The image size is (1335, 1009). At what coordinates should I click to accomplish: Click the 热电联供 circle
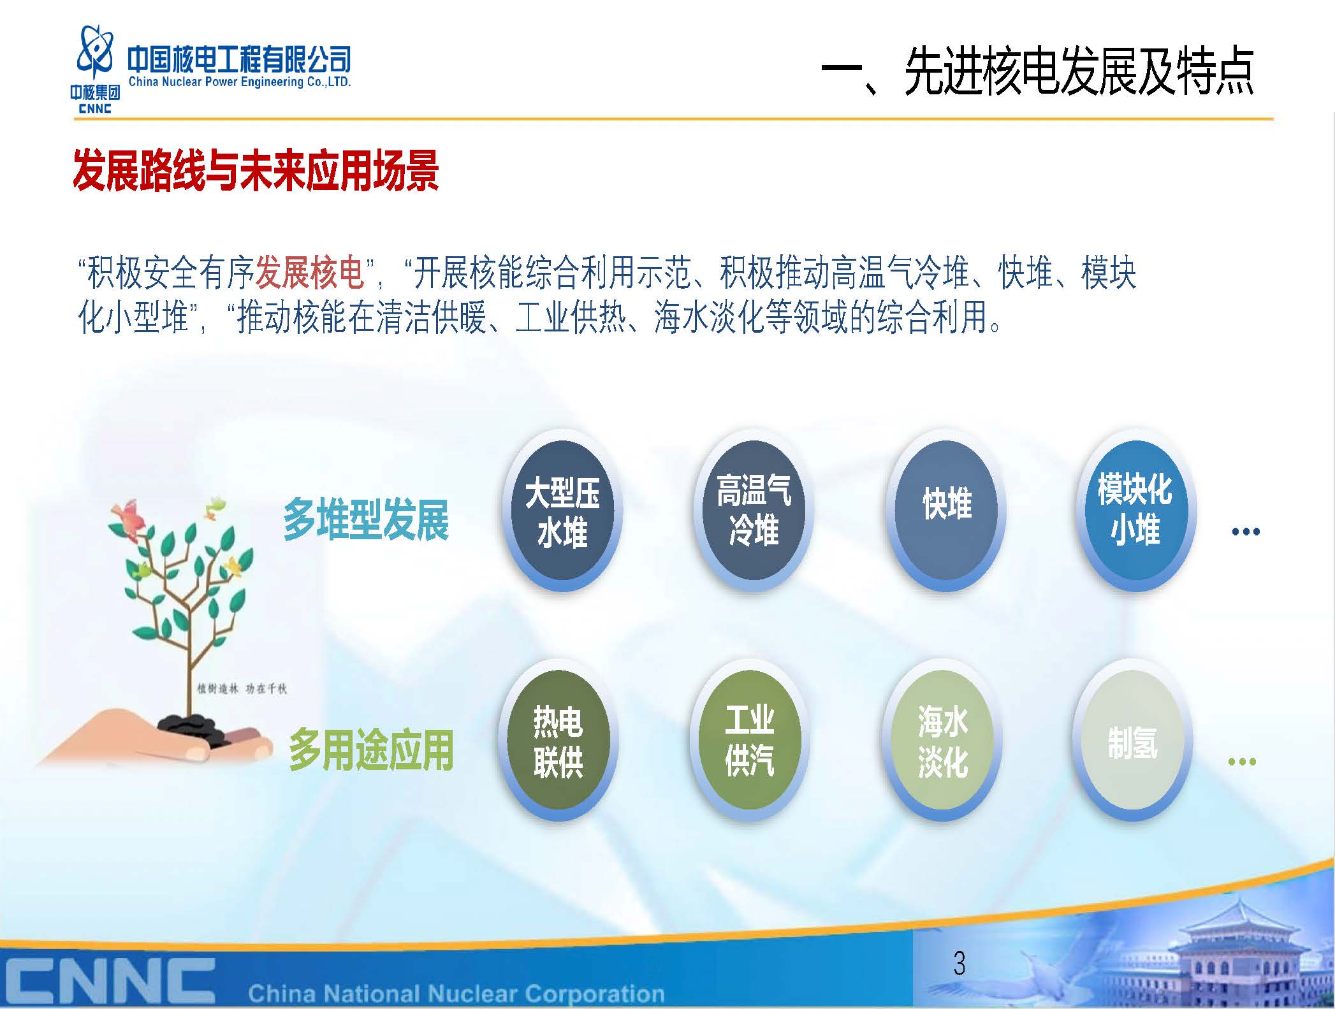pyautogui.click(x=558, y=741)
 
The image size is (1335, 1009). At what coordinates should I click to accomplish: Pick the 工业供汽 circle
pyautogui.click(x=750, y=741)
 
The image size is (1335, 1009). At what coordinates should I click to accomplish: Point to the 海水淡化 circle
pyautogui.click(x=942, y=741)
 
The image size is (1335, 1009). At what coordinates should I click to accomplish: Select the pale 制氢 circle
pyautogui.click(x=1132, y=741)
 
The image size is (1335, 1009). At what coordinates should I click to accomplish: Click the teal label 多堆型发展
pyautogui.click(x=366, y=519)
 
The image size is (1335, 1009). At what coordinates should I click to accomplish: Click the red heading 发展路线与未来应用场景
pyautogui.click(x=256, y=171)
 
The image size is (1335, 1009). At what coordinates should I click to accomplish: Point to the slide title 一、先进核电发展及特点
pyautogui.click(x=1037, y=71)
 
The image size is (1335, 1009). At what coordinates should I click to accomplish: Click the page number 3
pyautogui.click(x=959, y=963)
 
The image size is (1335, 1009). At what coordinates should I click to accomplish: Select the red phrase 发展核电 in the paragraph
pyautogui.click(x=310, y=273)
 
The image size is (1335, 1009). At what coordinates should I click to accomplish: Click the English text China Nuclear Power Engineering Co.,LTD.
pyautogui.click(x=240, y=82)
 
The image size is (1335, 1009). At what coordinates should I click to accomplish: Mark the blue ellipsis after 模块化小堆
pyautogui.click(x=1246, y=531)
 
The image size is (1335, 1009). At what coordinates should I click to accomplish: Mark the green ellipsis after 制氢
pyautogui.click(x=1242, y=761)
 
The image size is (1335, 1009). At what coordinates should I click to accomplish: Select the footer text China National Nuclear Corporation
pyautogui.click(x=456, y=993)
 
